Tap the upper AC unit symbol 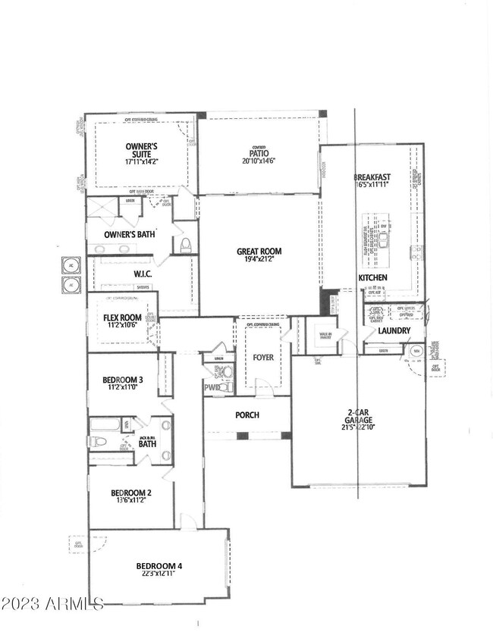(x=71, y=266)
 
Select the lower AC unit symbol (x=71, y=285)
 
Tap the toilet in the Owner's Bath (x=184, y=244)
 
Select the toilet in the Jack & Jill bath (x=97, y=442)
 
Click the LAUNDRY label (x=394, y=331)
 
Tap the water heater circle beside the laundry (x=416, y=352)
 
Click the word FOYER (x=262, y=357)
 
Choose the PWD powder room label (x=212, y=388)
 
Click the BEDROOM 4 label (x=159, y=566)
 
